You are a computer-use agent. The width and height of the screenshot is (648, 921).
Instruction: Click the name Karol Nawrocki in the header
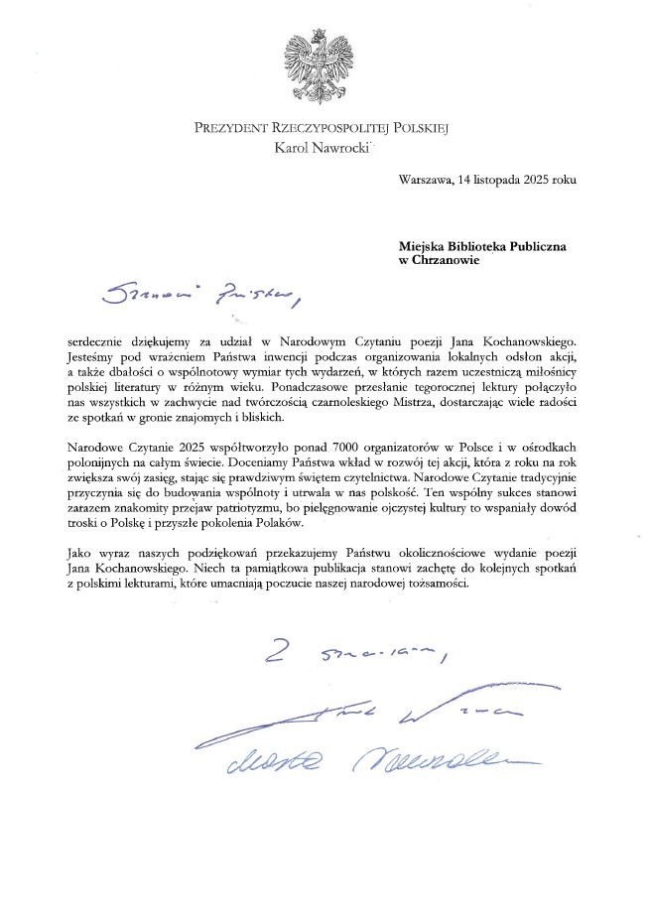pyautogui.click(x=324, y=148)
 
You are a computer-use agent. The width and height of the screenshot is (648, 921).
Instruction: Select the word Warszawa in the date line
pyautogui.click(x=426, y=181)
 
